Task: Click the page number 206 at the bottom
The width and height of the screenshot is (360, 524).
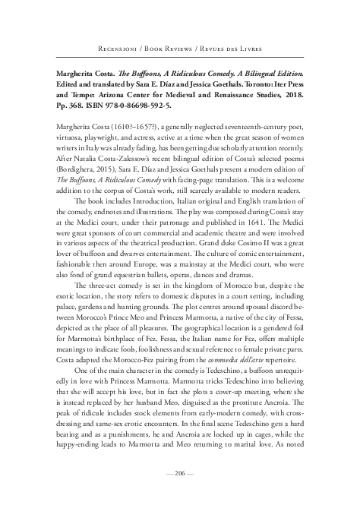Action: point(180,493)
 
